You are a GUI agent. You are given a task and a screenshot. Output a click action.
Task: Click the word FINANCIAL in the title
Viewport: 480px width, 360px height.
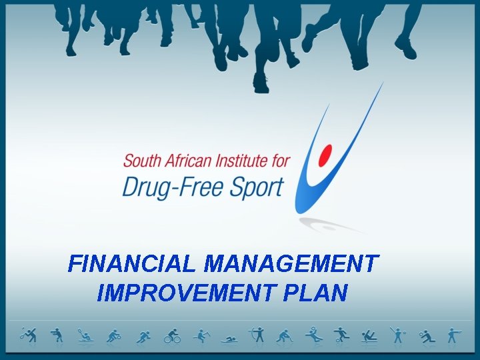coord(133,264)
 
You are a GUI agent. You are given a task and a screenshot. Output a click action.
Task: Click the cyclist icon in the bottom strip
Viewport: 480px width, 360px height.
coord(172,335)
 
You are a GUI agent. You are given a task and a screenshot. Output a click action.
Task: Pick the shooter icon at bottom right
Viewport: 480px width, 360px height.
coord(453,335)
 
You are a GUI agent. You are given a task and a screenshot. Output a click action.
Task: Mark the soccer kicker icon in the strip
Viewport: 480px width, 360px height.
coord(341,335)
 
